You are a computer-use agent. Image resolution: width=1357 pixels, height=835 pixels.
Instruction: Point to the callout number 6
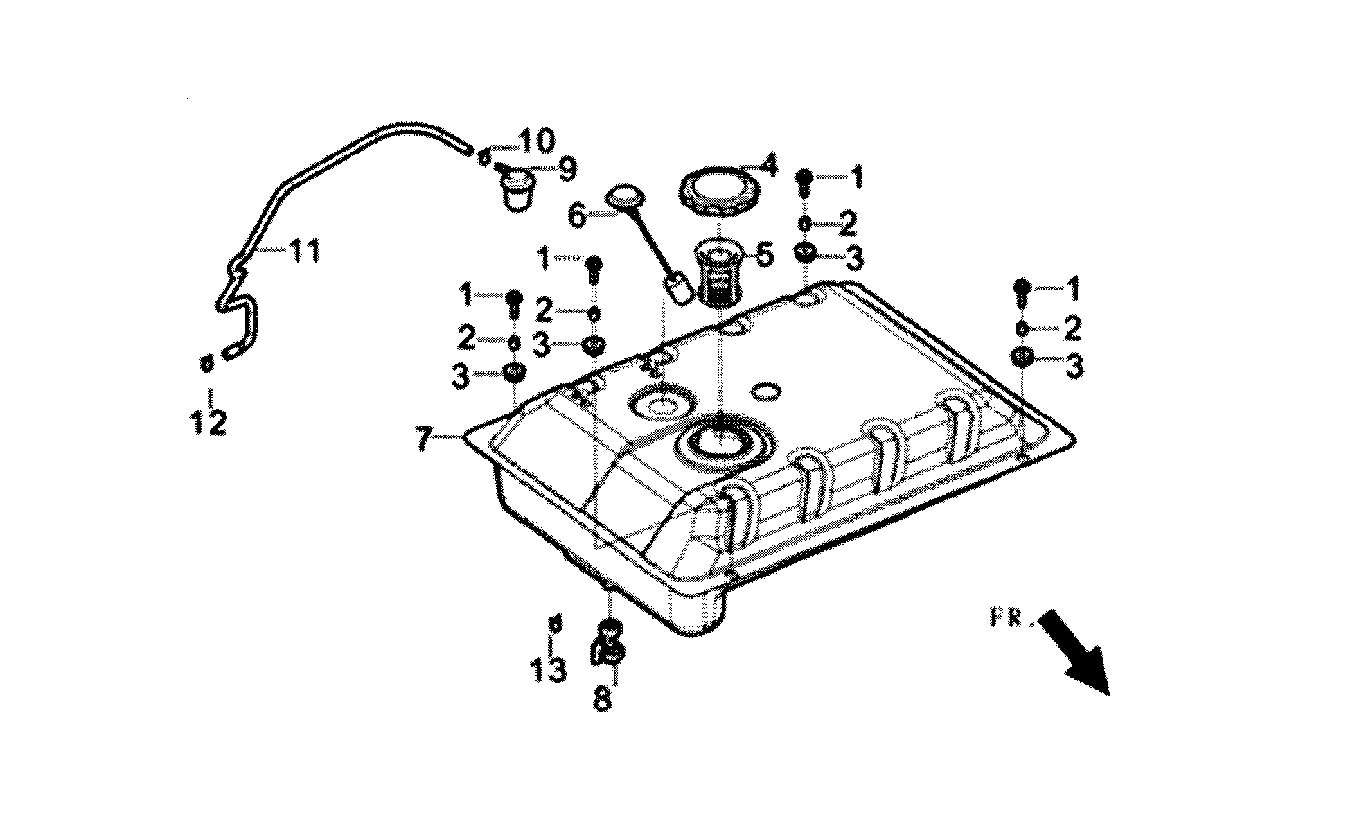pos(577,216)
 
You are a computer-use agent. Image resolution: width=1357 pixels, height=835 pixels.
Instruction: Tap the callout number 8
pos(601,698)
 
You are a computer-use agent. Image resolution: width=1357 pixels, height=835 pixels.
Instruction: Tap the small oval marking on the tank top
pos(766,391)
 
